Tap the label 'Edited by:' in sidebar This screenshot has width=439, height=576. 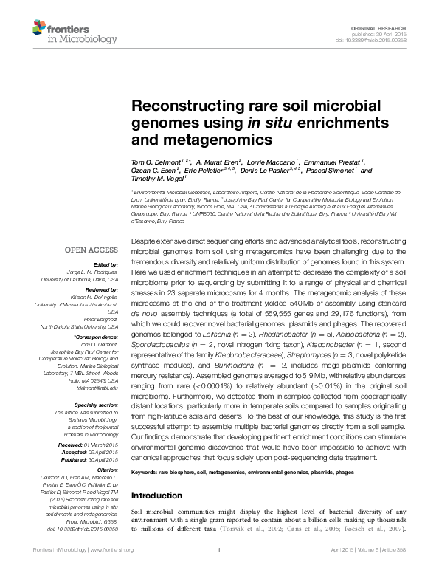[x=106, y=264]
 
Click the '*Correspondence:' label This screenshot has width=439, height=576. [x=97, y=337]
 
